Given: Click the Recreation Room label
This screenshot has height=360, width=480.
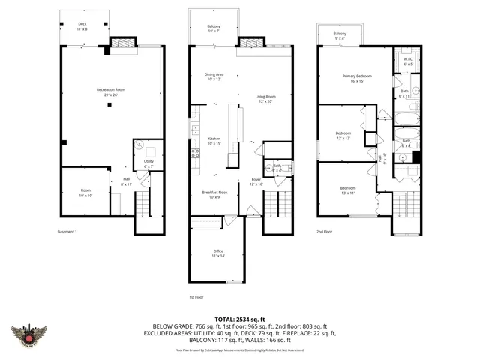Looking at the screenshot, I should click(110, 91).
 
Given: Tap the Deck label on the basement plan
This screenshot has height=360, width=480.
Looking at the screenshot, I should click(82, 25).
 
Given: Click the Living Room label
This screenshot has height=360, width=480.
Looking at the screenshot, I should click(265, 98).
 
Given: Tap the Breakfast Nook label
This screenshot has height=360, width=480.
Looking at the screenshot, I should click(214, 195).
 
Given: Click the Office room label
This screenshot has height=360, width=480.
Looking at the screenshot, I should click(218, 253).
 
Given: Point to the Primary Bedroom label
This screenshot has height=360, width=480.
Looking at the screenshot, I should click(357, 78).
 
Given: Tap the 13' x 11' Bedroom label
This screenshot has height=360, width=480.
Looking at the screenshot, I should click(348, 190).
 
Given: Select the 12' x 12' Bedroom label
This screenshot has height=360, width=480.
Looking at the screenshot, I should click(343, 136).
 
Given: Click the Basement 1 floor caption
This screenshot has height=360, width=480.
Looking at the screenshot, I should click(67, 231).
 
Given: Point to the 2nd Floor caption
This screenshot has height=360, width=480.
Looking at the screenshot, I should click(324, 231).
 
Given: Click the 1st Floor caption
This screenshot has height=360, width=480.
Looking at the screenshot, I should click(196, 297).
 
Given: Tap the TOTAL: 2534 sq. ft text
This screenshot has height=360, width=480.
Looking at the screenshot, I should click(239, 318).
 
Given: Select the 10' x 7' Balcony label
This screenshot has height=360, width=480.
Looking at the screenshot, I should click(214, 28).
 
